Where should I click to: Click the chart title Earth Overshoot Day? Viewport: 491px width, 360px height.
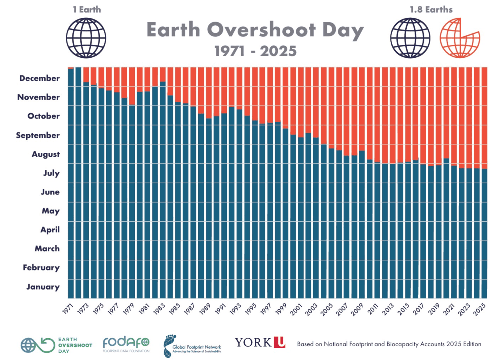(x=255, y=30)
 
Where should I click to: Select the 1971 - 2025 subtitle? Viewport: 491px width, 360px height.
(x=255, y=51)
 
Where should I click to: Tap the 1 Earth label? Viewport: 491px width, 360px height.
(x=87, y=10)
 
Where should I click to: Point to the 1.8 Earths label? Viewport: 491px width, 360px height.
(x=431, y=10)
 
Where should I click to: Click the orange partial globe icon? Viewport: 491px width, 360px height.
(x=459, y=38)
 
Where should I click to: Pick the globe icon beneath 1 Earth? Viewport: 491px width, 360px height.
(x=86, y=38)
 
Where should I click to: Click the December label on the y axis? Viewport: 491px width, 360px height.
(x=40, y=78)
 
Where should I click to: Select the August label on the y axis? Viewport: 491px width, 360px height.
(x=46, y=154)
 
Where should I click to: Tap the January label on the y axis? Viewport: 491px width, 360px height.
(x=43, y=287)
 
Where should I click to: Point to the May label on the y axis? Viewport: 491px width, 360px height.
(x=51, y=211)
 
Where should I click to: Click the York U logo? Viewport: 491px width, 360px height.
(x=260, y=342)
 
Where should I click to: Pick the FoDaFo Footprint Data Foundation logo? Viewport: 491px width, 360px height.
(x=126, y=344)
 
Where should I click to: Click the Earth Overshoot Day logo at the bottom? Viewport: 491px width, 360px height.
(x=56, y=345)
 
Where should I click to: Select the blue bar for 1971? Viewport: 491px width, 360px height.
(x=71, y=184)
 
